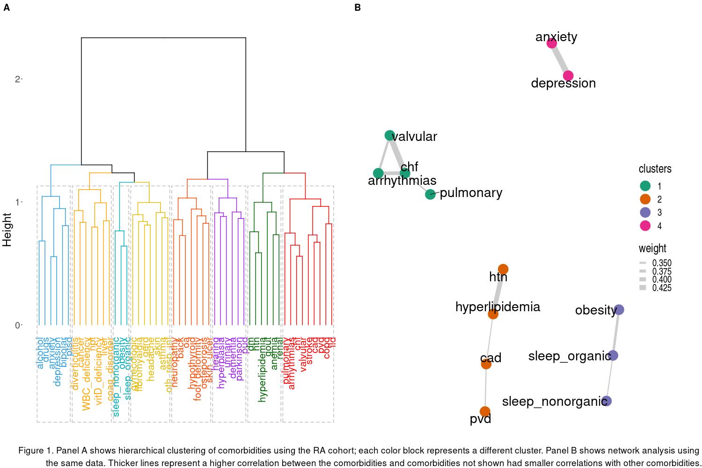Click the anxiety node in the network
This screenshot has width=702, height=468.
(552, 43)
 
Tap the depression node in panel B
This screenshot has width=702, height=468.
(568, 76)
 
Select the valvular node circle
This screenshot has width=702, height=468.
(390, 135)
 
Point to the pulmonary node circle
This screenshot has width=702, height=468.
(430, 194)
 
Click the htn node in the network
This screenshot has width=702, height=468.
(503, 269)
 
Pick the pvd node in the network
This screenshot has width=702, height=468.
(485, 412)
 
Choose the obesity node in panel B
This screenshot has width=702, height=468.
(619, 309)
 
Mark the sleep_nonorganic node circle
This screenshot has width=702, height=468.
(607, 401)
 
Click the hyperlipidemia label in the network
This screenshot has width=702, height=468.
(497, 307)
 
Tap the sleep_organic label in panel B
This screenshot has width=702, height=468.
(569, 356)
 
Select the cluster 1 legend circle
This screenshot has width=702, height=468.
(645, 186)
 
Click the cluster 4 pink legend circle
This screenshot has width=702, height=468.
(645, 226)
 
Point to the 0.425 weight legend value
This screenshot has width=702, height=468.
(662, 288)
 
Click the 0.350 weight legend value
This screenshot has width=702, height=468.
(662, 263)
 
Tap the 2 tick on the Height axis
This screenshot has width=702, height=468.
(18, 79)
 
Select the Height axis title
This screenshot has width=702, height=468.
(7, 230)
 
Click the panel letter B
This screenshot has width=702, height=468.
(358, 7)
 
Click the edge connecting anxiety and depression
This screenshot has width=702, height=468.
(560, 59)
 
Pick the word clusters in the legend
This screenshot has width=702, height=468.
(655, 169)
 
